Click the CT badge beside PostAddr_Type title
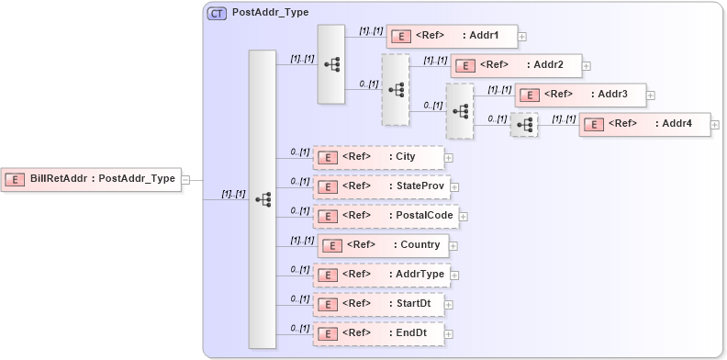click(x=217, y=14)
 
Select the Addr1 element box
click(x=452, y=37)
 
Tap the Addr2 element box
click(x=516, y=66)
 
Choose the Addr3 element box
click(x=580, y=95)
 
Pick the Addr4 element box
click(x=644, y=124)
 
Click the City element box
click(x=378, y=157)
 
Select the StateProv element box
click(x=381, y=186)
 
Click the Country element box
click(x=383, y=245)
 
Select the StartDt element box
click(x=378, y=304)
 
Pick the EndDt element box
click(x=378, y=333)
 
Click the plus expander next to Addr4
click(x=715, y=125)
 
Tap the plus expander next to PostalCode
click(x=464, y=217)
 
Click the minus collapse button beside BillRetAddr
click(x=185, y=180)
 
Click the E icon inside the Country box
click(x=335, y=245)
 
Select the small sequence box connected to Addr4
click(x=524, y=124)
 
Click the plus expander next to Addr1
click(x=522, y=38)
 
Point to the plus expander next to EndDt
click(x=449, y=334)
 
